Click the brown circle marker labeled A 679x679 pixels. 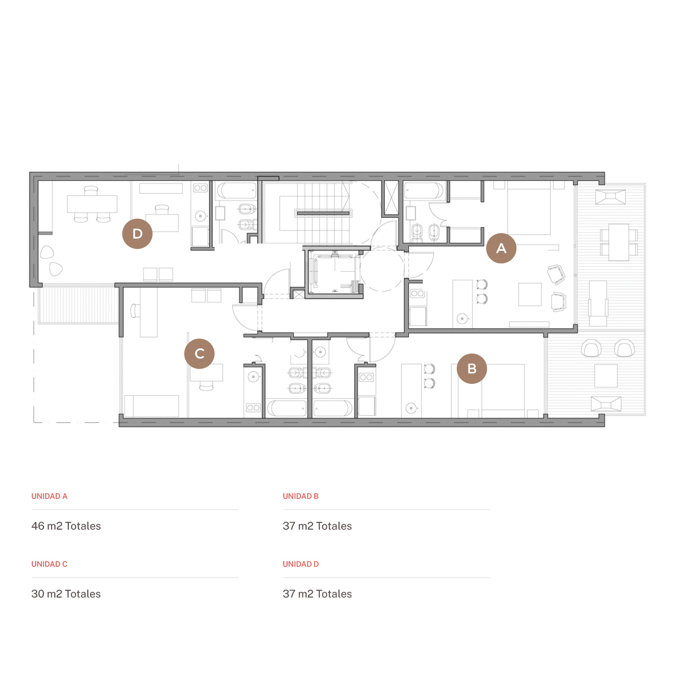click(x=501, y=248)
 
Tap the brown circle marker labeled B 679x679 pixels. click(x=472, y=368)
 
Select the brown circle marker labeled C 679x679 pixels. click(x=199, y=354)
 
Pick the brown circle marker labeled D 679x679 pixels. click(x=137, y=234)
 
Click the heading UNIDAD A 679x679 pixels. click(x=49, y=496)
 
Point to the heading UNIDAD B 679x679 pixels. click(x=301, y=496)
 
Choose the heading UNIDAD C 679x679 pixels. click(x=49, y=564)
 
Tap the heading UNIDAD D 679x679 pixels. click(x=301, y=564)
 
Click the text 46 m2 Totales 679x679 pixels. click(x=66, y=526)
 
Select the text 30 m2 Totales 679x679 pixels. click(x=66, y=594)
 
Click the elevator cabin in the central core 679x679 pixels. click(x=334, y=273)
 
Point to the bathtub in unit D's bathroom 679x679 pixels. click(x=236, y=191)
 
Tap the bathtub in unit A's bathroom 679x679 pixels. click(x=424, y=191)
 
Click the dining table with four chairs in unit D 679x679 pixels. click(x=92, y=204)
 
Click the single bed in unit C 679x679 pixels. click(x=152, y=406)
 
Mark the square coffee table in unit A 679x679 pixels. click(x=530, y=294)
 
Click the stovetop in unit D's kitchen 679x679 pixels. click(x=201, y=188)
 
